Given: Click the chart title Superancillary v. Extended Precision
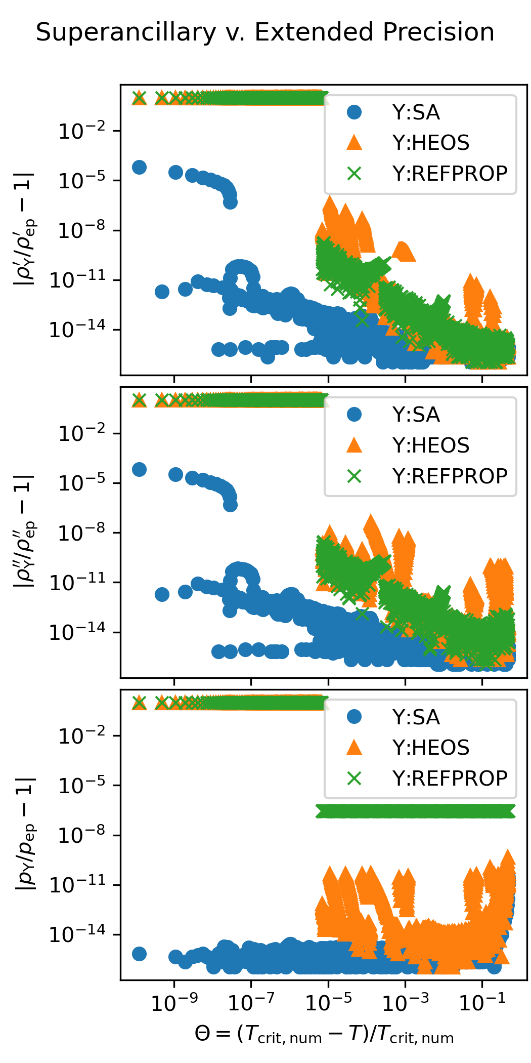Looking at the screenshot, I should [x=265, y=32].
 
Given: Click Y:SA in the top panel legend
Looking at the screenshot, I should [x=416, y=112].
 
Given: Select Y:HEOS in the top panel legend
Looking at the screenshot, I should [x=431, y=143].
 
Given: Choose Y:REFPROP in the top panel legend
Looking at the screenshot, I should [x=450, y=174].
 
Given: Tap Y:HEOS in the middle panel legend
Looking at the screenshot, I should [x=431, y=445].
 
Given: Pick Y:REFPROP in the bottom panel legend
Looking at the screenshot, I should [x=450, y=778].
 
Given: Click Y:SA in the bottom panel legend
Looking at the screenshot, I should [x=416, y=717].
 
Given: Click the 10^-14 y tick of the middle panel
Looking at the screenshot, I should [x=77, y=633].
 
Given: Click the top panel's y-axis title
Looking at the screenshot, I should [x=24, y=229].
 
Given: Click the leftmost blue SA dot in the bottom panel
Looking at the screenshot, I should [x=139, y=954].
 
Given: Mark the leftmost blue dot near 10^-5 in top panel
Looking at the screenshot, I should [x=139, y=167].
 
